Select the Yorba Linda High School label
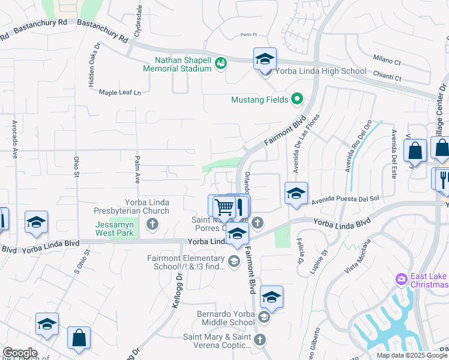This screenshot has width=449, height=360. tap(321, 71)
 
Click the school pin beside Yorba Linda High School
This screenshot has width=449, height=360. tap(265, 60)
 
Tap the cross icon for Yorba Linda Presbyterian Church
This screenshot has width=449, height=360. tap(152, 225)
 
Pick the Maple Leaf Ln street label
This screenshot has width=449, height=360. tap(119, 92)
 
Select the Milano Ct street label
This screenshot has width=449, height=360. tap(387, 61)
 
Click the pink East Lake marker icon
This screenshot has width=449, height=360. tap(401, 279)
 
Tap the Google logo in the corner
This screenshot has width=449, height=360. tap(20, 353)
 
